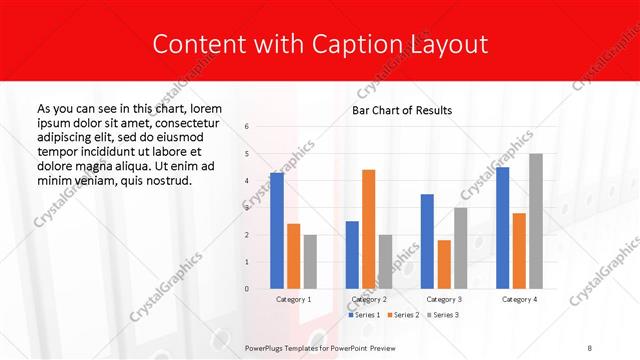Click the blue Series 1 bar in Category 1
(277, 231)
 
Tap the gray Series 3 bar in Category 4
(535, 221)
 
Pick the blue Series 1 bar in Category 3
(427, 241)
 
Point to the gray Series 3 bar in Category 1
(310, 262)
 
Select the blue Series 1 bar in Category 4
(502, 228)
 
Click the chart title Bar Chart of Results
(402, 110)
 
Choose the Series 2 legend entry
(402, 315)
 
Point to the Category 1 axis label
(293, 299)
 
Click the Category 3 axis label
(443, 299)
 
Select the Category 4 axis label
(519, 299)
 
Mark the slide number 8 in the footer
(590, 346)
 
